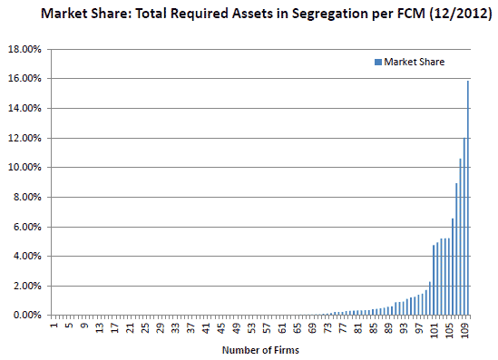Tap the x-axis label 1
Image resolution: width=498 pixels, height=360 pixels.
point(54,326)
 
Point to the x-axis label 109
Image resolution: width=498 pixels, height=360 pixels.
point(464,329)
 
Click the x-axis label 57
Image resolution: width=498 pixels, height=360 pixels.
point(267,327)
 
